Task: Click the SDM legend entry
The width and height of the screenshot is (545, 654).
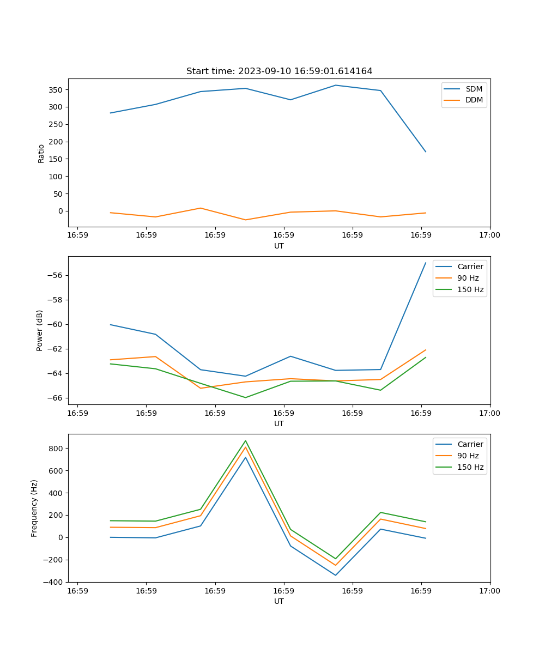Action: [474, 89]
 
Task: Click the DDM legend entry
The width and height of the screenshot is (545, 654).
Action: [474, 100]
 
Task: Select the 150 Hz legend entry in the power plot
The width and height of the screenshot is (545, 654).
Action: [470, 289]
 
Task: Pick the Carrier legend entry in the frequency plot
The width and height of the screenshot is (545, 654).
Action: [470, 444]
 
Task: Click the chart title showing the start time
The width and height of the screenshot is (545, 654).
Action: [279, 71]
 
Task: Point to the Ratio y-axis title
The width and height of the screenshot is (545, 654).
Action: [41, 153]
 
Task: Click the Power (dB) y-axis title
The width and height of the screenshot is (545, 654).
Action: [40, 331]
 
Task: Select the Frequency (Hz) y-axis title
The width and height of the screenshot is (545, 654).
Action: [34, 508]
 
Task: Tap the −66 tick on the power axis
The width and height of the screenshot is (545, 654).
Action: [56, 398]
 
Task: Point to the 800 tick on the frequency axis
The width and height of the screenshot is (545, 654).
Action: [57, 449]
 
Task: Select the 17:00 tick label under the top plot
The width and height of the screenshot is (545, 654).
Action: [489, 235]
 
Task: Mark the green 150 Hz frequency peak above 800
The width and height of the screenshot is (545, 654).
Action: [245, 441]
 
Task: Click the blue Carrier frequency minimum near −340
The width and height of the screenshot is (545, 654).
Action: [335, 575]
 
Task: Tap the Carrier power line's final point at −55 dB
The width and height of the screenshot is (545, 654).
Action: [426, 263]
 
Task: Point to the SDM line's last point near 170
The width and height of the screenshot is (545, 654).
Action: [426, 152]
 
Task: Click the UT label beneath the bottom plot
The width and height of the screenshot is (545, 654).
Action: [279, 601]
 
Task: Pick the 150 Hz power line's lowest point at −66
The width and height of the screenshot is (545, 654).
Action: [245, 397]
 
